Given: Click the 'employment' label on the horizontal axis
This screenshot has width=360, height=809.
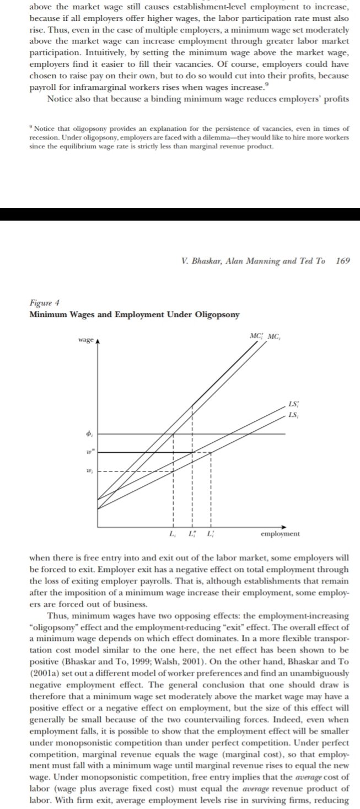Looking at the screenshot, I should point(280,534).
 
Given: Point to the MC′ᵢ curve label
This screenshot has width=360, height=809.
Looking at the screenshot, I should point(256,336).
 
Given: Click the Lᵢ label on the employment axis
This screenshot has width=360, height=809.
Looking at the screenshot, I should point(173,534).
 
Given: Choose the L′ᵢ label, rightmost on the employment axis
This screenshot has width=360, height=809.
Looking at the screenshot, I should point(210,534).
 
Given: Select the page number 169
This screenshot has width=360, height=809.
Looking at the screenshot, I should point(342,261).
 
